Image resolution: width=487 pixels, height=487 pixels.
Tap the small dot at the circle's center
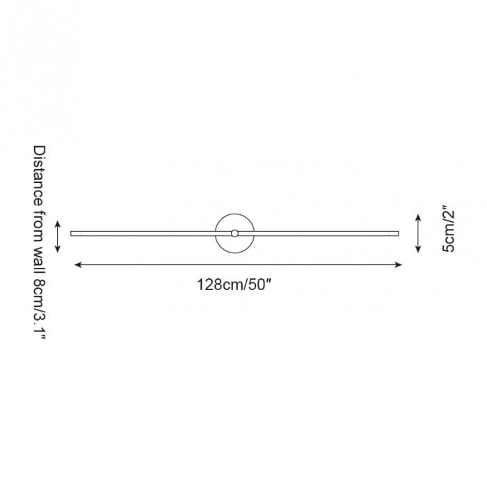pos(235,233)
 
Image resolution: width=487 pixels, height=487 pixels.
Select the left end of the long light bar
pos(73,233)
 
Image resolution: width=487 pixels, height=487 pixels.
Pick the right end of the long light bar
pos(397,233)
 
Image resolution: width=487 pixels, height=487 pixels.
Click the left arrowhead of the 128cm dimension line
pos(76,264)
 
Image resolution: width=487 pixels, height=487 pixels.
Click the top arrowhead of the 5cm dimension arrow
pos(417,216)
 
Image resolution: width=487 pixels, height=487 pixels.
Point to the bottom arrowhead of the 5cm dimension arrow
pos(417,250)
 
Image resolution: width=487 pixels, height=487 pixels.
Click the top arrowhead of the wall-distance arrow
pos(58,221)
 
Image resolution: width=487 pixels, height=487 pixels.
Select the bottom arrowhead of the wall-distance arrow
pos(58,250)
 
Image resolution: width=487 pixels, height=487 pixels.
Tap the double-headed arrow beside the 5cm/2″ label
pos(417,234)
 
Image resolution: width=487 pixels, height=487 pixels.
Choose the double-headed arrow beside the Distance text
pos(58,236)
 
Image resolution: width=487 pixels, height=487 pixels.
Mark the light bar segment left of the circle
pos(143,233)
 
